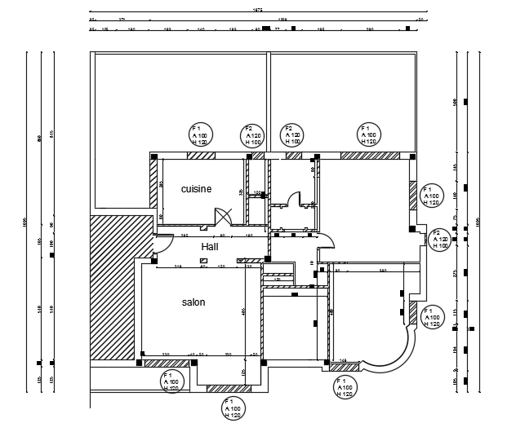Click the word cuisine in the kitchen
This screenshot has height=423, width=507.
pos(196,188)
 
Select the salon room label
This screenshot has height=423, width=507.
pos(193,302)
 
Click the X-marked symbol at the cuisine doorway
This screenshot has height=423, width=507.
pos(222,216)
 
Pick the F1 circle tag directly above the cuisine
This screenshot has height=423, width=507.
pos(201,136)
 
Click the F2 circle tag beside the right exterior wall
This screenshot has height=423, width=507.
pos(441,240)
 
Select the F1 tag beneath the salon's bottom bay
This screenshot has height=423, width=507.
pos(234,409)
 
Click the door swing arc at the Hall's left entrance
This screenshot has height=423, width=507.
pos(162,243)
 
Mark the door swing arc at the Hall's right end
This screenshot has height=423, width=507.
pos(326,241)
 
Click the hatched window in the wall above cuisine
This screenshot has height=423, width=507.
pos(195,155)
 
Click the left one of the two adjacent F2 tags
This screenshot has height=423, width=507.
pos(253,136)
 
